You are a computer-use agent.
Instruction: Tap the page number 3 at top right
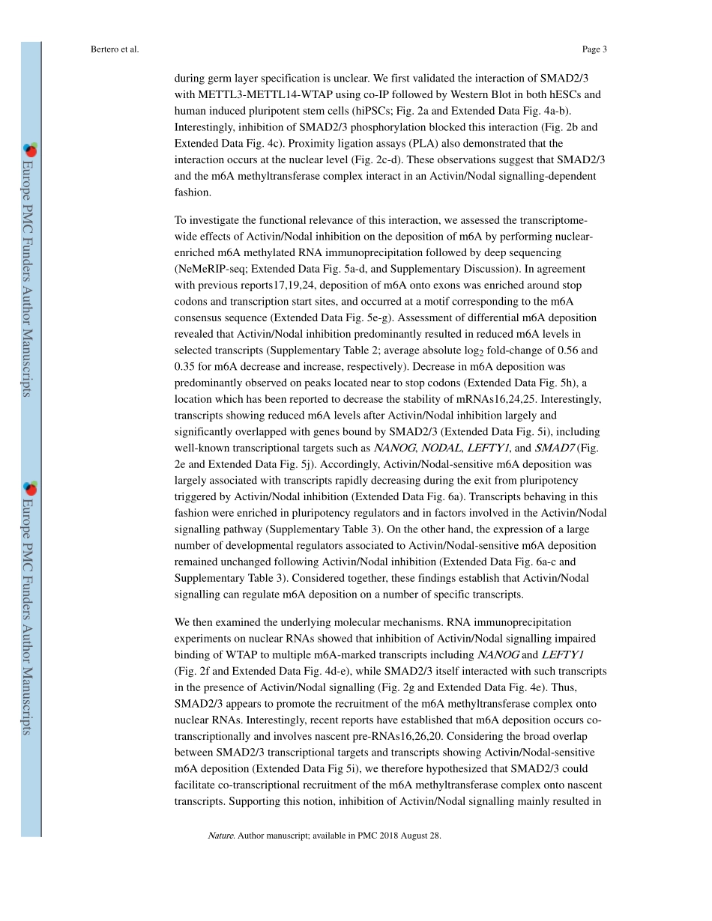(x=604, y=49)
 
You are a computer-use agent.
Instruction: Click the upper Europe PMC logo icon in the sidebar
(x=31, y=150)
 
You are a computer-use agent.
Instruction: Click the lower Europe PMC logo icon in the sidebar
(x=31, y=489)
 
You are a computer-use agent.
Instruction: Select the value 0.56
(x=559, y=350)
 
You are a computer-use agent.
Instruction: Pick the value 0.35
(x=186, y=366)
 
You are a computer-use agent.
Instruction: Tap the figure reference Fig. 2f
(x=196, y=671)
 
